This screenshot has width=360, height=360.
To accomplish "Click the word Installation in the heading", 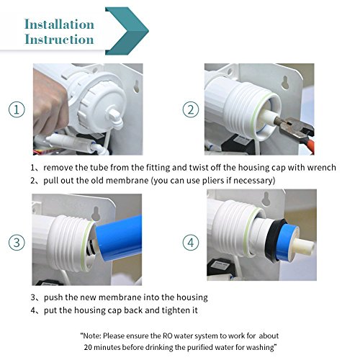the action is (59, 24).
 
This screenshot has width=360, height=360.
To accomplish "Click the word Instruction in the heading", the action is (59, 40).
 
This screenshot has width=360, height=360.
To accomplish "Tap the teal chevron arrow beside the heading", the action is (127, 31).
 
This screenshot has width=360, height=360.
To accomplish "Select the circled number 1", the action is (17, 109).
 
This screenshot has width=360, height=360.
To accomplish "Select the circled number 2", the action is (191, 109).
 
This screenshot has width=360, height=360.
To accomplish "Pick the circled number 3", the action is (17, 243).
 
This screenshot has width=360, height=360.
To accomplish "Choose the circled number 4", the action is (191, 243).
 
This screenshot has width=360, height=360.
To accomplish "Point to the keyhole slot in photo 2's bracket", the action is (285, 82).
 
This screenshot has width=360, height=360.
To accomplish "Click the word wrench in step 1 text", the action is (321, 168).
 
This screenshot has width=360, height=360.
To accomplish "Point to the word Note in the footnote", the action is (91, 336).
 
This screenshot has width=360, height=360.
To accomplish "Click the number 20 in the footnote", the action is (89, 347).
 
